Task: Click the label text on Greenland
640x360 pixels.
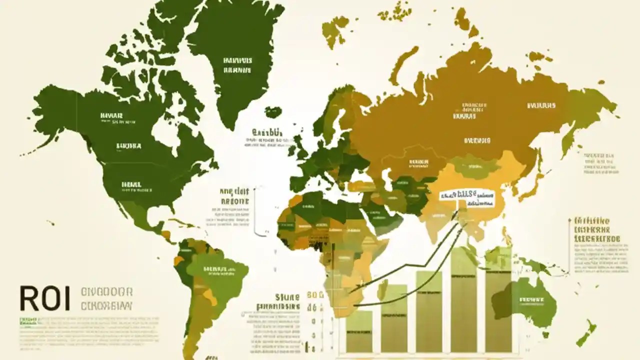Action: [237, 65]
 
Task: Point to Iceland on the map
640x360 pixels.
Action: [273, 112]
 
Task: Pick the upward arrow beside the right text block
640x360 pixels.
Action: [570, 245]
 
